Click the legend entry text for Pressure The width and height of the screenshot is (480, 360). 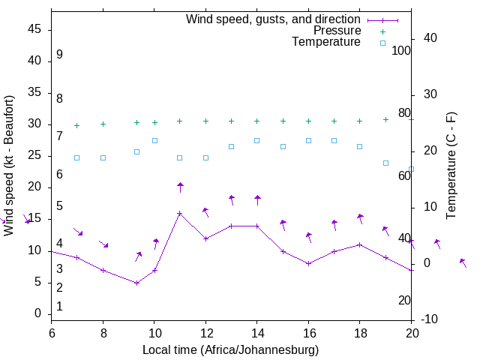click(337, 31)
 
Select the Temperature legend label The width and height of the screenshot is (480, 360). click(326, 43)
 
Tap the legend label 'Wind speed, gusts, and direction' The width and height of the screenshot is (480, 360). click(273, 19)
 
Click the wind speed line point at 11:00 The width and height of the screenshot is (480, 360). click(180, 213)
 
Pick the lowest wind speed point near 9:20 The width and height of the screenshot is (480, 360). click(137, 283)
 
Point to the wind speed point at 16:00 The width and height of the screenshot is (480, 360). click(308, 263)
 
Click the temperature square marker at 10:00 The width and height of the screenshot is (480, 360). click(155, 140)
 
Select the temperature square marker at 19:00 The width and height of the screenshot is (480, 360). click(385, 163)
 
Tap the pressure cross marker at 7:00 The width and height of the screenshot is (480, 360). click(76, 125)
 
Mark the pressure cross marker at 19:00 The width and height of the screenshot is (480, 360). click(385, 119)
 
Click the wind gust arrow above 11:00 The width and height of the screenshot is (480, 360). click(180, 187)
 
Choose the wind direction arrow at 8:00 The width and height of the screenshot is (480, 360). click(103, 244)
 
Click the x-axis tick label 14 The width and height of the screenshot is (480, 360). click(257, 334)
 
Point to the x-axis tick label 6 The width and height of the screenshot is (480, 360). click(52, 334)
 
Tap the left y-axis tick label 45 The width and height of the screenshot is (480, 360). click(34, 30)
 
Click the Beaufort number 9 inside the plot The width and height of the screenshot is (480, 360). click(59, 55)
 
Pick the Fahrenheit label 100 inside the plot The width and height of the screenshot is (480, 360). click(401, 51)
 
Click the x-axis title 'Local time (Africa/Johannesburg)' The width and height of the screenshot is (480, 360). click(231, 350)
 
